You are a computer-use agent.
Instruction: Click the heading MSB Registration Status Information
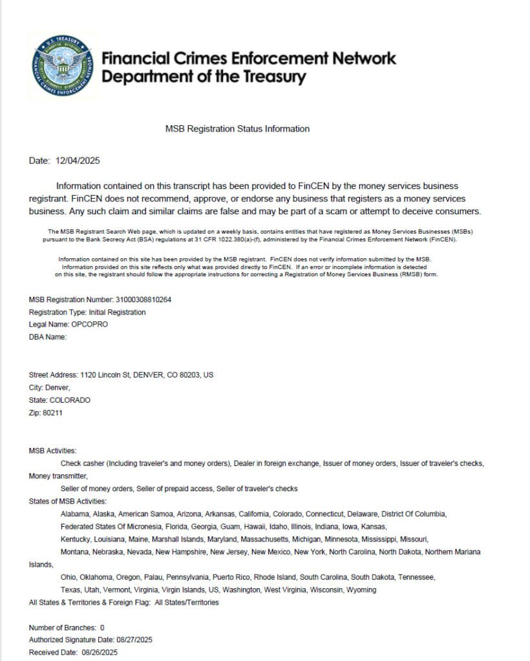[237, 129]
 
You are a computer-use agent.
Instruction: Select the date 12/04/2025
[78, 161]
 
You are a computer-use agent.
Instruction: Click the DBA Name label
[48, 337]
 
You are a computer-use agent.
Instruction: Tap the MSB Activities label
[52, 451]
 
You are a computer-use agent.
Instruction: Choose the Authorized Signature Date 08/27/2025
[134, 640]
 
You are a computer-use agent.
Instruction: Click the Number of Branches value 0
[102, 627]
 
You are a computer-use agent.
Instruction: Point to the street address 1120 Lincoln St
[105, 375]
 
